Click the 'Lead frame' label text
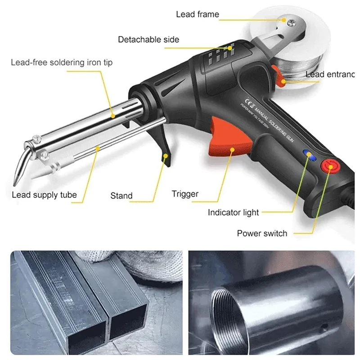(x=197, y=14)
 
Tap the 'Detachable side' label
(x=149, y=40)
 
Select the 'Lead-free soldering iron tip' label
(x=62, y=62)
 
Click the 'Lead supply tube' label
(x=44, y=195)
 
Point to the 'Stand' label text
(x=121, y=196)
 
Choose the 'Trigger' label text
(x=185, y=194)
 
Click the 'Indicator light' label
(x=234, y=212)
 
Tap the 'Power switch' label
(x=262, y=233)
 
